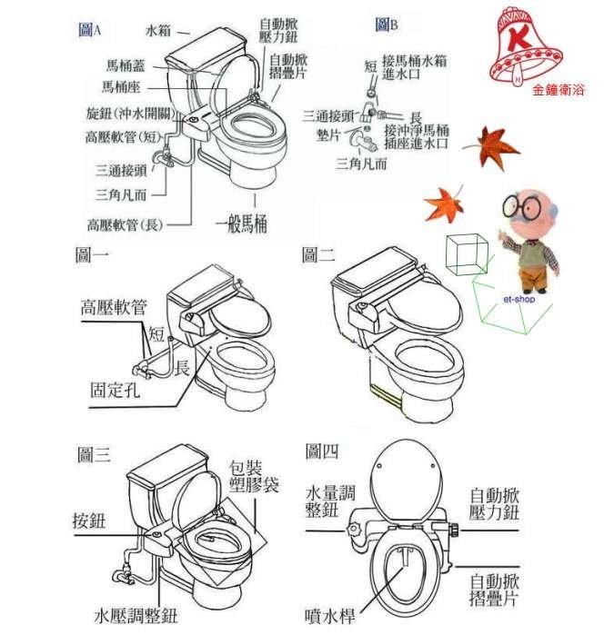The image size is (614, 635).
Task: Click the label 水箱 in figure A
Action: [x=160, y=30]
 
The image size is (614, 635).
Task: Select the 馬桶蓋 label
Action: [x=123, y=65]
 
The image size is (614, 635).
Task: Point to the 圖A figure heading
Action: [x=89, y=30]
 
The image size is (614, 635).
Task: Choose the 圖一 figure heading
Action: [x=93, y=255]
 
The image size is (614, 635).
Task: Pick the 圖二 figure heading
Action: [x=320, y=256]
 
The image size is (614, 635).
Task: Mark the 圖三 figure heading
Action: [x=95, y=455]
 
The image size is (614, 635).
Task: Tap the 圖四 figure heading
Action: [x=323, y=448]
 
